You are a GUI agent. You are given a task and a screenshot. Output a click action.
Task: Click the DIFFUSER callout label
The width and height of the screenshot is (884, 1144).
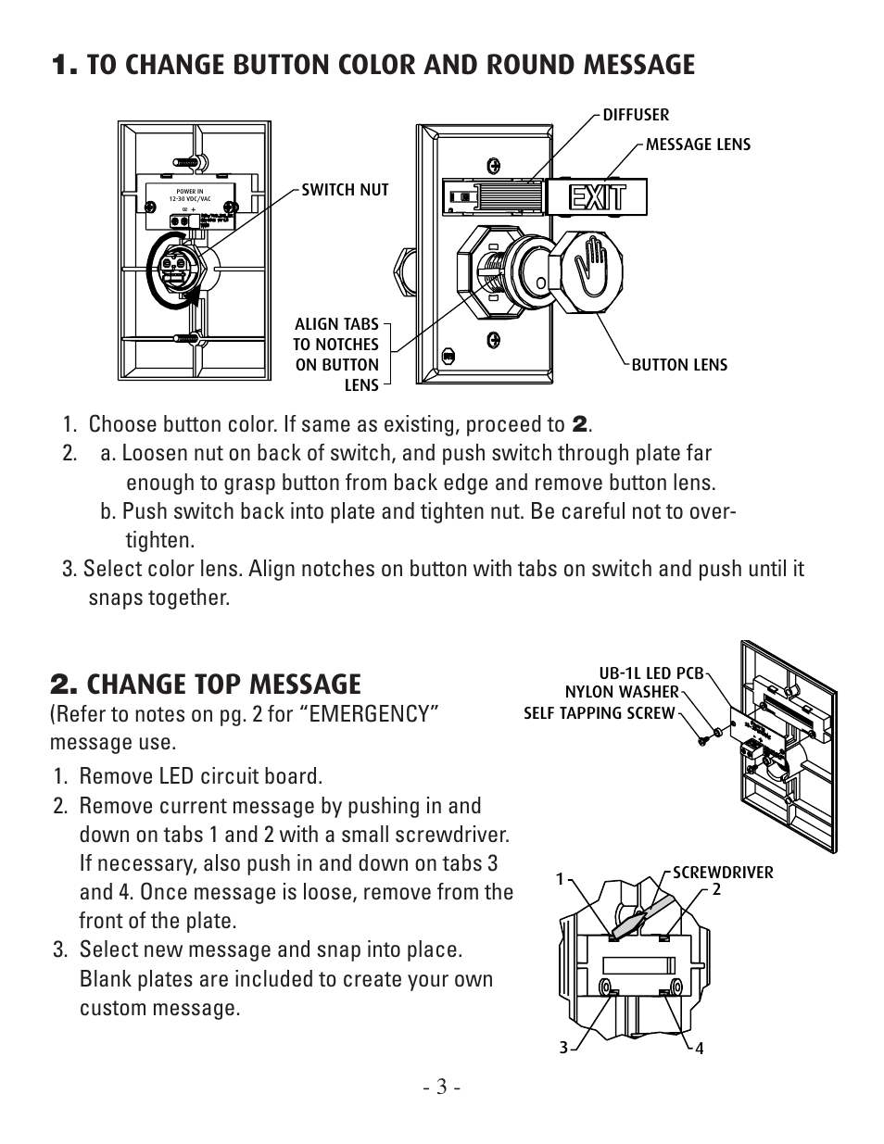[636, 115]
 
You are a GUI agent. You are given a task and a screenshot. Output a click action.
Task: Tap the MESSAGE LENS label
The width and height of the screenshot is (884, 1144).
[698, 145]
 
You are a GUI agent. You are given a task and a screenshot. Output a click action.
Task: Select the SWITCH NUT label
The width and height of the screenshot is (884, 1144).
[345, 190]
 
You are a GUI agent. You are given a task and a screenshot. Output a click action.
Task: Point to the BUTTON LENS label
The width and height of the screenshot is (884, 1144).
[679, 365]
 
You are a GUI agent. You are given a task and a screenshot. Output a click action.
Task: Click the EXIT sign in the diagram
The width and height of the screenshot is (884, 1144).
[597, 197]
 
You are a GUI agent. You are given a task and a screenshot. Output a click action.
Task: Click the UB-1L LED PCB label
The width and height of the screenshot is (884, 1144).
[651, 674]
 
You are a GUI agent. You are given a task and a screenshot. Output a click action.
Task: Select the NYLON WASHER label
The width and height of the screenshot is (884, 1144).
[621, 692]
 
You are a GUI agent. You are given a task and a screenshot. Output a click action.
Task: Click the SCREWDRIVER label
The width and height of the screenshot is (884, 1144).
[723, 873]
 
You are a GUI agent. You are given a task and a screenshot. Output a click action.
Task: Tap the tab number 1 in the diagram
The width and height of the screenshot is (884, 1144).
[560, 878]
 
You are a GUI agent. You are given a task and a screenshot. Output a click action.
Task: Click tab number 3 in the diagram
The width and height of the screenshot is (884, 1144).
[562, 1048]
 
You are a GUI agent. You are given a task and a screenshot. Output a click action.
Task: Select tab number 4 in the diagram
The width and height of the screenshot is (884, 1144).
[700, 1049]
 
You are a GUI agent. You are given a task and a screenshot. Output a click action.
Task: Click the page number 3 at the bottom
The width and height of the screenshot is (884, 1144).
[442, 1087]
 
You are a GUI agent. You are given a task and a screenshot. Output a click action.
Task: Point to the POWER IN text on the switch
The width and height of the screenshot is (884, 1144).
[183, 193]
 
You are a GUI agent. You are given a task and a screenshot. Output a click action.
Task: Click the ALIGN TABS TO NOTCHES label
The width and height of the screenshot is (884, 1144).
[336, 354]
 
